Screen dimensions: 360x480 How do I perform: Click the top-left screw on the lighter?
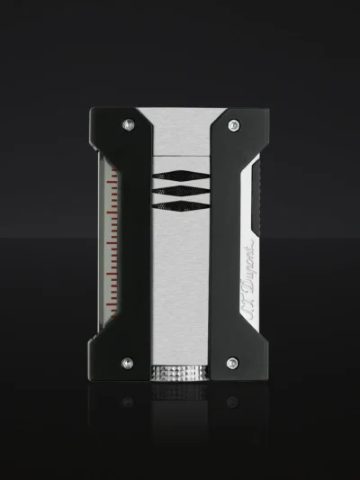pyautogui.click(x=129, y=124)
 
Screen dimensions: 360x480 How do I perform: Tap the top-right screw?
pyautogui.click(x=234, y=125)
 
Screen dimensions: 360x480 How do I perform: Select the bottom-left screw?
pyautogui.click(x=127, y=363)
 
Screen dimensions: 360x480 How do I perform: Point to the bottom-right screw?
pyautogui.click(x=232, y=363)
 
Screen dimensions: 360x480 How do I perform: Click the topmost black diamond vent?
pyautogui.click(x=181, y=176)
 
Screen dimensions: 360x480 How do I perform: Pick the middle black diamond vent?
pyautogui.click(x=181, y=190)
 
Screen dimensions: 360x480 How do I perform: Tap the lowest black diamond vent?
pyautogui.click(x=181, y=205)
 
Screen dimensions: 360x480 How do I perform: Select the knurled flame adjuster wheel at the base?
pyautogui.click(x=180, y=373)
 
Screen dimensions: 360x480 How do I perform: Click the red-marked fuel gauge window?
pyautogui.click(x=109, y=243)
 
